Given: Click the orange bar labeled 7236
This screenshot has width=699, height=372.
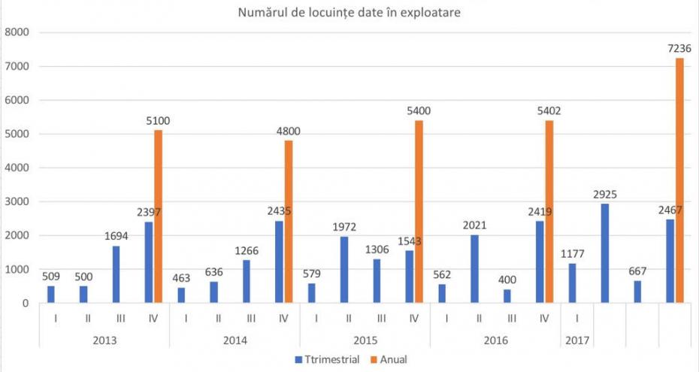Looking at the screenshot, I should (x=679, y=180).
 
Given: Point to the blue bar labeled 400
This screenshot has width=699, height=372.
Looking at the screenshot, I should (x=507, y=296).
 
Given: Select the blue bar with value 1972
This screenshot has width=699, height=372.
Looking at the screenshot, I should (x=344, y=270).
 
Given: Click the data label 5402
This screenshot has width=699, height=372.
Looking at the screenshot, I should (x=549, y=111).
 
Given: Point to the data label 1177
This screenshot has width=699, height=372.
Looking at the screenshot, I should (x=573, y=254).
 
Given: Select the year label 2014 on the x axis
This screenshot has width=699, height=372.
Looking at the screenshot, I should (x=235, y=340).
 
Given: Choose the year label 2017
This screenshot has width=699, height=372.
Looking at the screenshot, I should (x=576, y=340).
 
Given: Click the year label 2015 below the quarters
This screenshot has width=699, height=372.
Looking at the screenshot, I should (x=365, y=340).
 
